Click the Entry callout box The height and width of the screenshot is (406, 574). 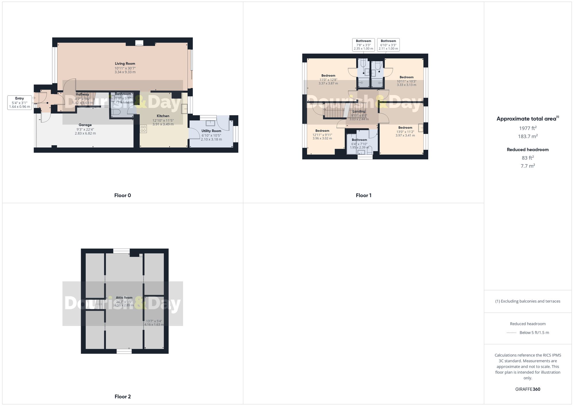[x=20, y=102]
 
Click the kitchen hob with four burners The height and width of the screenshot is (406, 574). [x=143, y=129]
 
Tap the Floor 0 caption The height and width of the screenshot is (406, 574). [x=123, y=195]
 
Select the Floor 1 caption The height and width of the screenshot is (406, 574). [x=363, y=195]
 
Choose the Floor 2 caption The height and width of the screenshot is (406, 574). [x=123, y=397]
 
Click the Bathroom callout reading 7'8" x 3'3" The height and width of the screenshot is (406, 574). [x=363, y=45]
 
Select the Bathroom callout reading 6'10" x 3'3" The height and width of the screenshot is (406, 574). [x=388, y=45]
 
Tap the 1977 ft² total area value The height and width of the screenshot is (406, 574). [x=528, y=128]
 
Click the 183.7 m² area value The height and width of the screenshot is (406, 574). [x=528, y=136]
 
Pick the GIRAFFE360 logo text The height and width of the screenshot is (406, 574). [x=528, y=389]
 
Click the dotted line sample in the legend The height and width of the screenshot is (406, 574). [x=511, y=333]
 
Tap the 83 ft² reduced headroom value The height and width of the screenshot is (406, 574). [x=528, y=158]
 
